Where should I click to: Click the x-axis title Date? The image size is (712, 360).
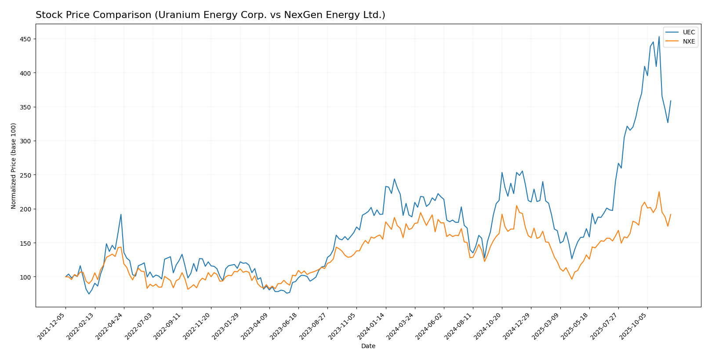coord(368,346)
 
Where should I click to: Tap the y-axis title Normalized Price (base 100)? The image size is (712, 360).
coord(14,166)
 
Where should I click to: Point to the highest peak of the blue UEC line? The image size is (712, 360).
coord(659,36)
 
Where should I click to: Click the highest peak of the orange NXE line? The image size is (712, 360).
coord(659,192)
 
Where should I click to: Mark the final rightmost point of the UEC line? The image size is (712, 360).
coord(671,101)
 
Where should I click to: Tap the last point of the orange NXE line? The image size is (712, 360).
coord(671,215)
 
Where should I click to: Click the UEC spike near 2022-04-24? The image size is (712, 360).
coord(121,215)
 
